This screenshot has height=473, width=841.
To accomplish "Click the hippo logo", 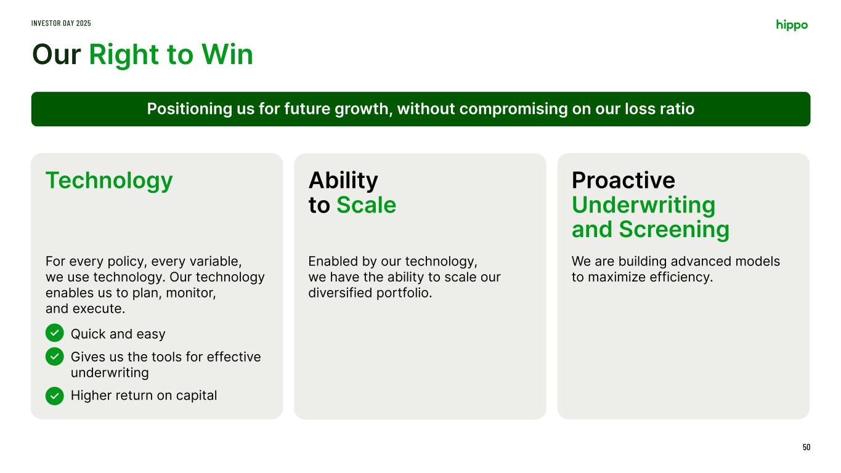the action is (x=792, y=25).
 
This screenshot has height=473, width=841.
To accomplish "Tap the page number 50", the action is (x=806, y=447).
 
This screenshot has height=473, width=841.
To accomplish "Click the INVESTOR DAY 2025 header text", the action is (x=61, y=23).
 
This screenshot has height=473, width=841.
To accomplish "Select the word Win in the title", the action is (x=227, y=54).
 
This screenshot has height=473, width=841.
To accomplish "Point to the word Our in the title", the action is (x=56, y=55).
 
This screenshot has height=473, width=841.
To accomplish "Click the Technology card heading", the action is (x=109, y=181).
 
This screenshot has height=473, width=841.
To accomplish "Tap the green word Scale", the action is (x=366, y=205).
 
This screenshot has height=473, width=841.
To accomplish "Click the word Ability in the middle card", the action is (x=343, y=180).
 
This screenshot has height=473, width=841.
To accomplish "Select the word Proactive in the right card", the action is (x=624, y=180).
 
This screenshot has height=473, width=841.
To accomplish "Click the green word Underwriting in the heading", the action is (x=643, y=206).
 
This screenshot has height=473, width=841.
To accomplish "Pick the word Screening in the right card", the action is (x=674, y=230).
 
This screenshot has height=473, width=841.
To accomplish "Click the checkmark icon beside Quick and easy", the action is (x=54, y=333).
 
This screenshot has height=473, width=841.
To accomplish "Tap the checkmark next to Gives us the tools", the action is (x=54, y=356).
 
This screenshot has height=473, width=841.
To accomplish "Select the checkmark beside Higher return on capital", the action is (x=54, y=395).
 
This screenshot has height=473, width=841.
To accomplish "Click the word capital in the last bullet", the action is (x=197, y=396).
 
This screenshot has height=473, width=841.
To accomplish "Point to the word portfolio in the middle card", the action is (x=404, y=293).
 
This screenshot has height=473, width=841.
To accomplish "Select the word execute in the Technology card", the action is (x=99, y=309).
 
